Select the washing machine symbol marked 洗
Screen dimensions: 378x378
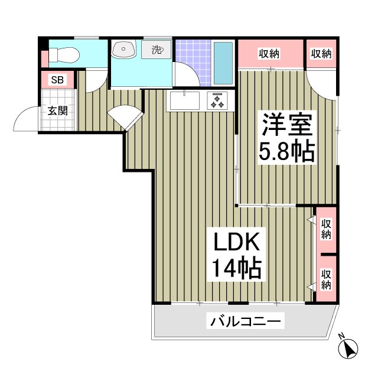[156, 50]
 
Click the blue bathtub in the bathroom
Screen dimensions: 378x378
[223, 63]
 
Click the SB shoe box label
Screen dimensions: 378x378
[57, 80]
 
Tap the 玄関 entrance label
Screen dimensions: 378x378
[57, 110]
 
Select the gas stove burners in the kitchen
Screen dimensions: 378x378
[217, 101]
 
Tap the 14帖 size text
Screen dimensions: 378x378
[236, 269]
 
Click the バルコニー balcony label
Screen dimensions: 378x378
[246, 322]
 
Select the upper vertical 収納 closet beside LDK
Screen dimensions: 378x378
[325, 229]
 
